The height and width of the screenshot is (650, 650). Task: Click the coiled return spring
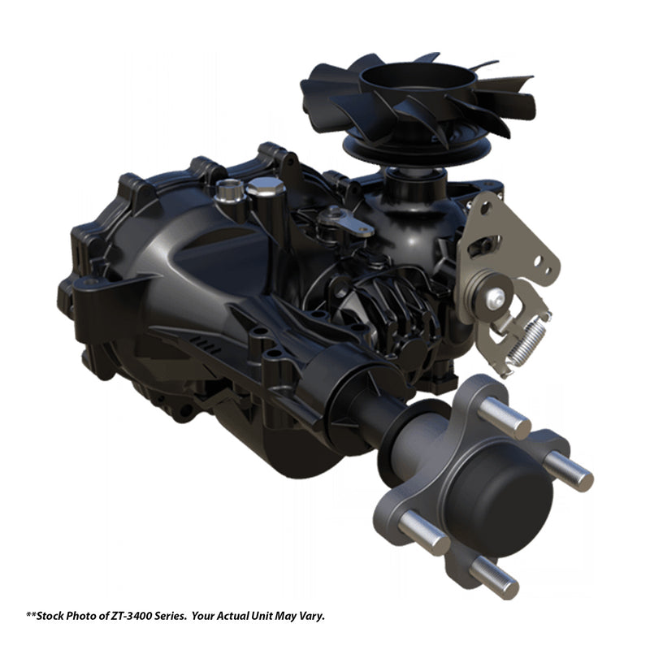(527, 339)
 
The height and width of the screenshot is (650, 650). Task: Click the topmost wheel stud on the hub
(504, 418)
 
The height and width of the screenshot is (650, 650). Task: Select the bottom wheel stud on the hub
(493, 577)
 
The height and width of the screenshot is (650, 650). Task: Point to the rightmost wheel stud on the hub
(569, 470)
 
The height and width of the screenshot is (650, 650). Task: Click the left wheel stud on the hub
(424, 532)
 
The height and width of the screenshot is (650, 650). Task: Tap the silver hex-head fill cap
(266, 187)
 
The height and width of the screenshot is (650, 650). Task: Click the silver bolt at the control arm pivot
(496, 297)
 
